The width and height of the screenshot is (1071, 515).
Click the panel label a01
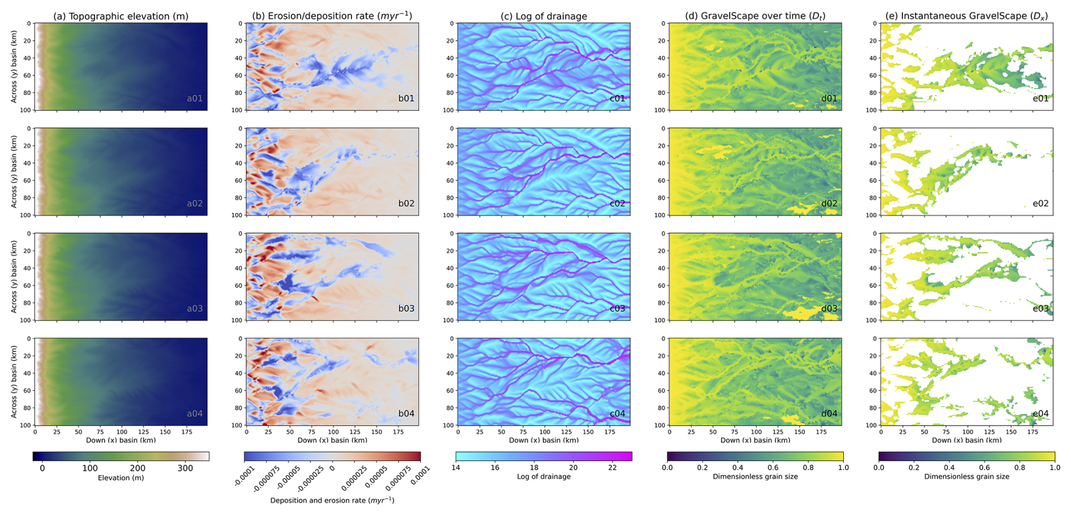tap(195, 98)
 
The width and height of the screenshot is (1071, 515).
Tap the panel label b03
tap(406, 308)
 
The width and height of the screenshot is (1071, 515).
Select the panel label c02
tap(617, 204)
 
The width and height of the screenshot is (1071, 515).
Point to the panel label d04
tap(829, 414)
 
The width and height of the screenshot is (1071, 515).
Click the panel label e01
tap(1040, 98)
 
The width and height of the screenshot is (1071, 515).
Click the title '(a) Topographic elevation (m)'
tap(121, 16)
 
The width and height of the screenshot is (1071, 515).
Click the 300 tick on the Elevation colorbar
tap(185, 468)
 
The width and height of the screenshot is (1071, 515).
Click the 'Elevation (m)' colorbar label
tap(121, 478)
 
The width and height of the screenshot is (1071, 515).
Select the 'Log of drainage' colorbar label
tap(543, 477)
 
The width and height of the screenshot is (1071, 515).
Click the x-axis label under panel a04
tap(121, 440)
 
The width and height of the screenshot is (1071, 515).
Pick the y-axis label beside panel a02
tap(14, 171)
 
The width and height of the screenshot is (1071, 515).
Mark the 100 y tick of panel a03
tap(25, 320)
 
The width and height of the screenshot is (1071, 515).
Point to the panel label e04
tap(1040, 414)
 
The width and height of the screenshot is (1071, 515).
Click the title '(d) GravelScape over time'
tap(755, 16)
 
